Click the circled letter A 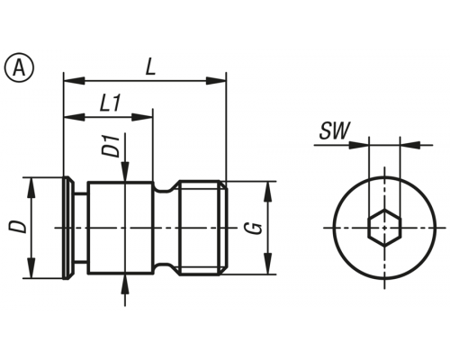pos(20,67)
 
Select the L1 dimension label pos(110,103)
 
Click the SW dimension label pos(335,131)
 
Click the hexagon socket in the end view pos(384,228)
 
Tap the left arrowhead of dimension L pos(75,80)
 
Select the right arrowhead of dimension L pos(215,80)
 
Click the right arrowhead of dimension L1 pos(142,117)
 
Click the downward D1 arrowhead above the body pos(125,172)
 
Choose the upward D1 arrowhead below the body pos(125,283)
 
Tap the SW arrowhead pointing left pos(410,145)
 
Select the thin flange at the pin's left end pos(68,228)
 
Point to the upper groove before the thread pos(166,187)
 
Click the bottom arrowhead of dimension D pos(31,268)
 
